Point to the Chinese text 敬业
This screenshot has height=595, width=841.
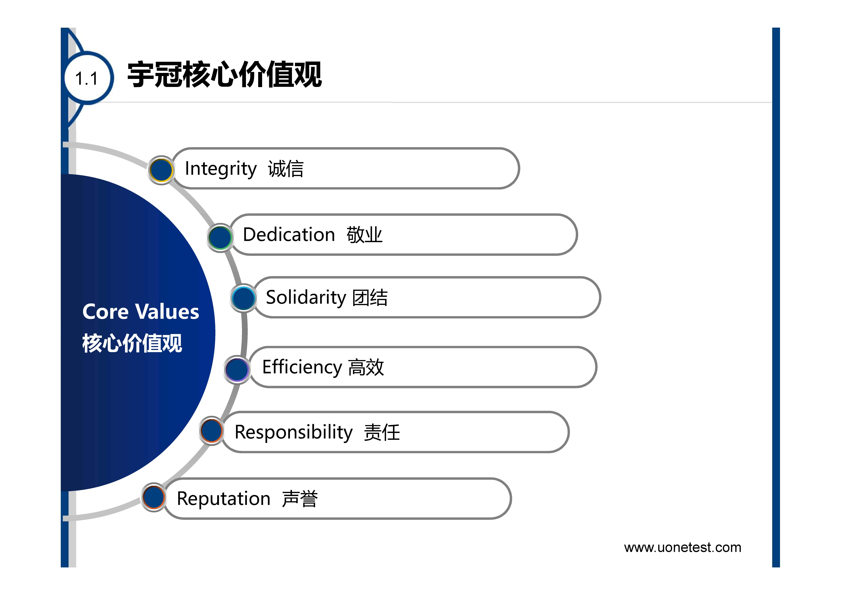(x=364, y=235)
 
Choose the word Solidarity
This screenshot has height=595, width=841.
(x=306, y=298)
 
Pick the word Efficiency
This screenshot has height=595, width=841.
(x=302, y=367)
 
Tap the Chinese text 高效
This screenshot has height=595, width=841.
(x=366, y=367)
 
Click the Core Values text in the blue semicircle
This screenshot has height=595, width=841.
(x=141, y=312)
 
